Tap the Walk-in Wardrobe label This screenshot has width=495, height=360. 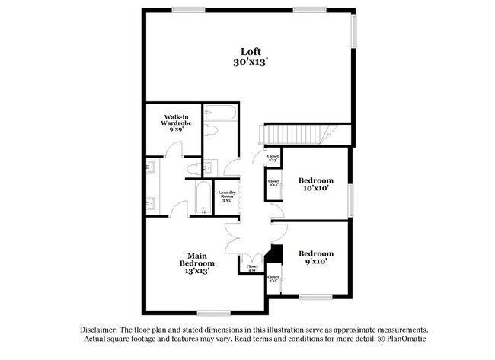pos(175,123)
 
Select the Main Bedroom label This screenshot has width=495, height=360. pos(193,263)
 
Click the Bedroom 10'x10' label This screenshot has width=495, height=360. pos(315,185)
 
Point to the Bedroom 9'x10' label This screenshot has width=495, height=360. pos(315,258)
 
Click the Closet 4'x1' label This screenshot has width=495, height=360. pos(251,268)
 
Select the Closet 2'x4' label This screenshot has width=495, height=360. pos(273,183)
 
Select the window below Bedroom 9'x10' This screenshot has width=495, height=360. pos(314,296)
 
